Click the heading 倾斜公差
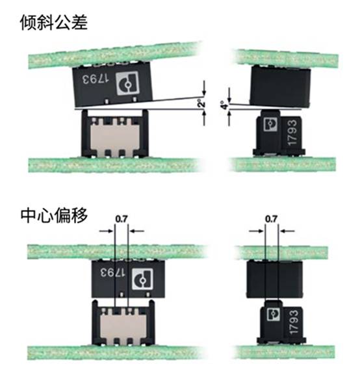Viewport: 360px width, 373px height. click(54, 22)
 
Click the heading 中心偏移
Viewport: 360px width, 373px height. click(54, 215)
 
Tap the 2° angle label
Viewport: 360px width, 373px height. click(202, 104)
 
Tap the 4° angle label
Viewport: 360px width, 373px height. click(224, 105)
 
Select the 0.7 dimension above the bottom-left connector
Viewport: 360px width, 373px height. click(122, 219)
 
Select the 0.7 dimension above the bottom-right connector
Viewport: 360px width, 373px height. click(271, 219)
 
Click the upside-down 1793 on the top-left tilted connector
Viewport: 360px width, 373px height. click(96, 79)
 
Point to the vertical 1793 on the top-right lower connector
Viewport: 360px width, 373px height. click(292, 133)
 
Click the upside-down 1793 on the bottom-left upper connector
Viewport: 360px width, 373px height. click(112, 272)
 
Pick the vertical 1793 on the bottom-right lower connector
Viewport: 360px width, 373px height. click(294, 322)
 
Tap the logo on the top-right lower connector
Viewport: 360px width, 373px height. click(270, 123)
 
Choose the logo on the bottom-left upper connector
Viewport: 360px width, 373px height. click(142, 279)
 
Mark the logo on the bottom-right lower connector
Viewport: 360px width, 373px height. click(273, 314)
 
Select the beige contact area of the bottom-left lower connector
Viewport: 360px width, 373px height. click(123, 326)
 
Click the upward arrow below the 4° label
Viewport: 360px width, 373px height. click(229, 119)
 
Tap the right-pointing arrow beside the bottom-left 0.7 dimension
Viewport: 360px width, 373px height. click(106, 231)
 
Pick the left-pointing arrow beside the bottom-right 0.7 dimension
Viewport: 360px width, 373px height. click(287, 231)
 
